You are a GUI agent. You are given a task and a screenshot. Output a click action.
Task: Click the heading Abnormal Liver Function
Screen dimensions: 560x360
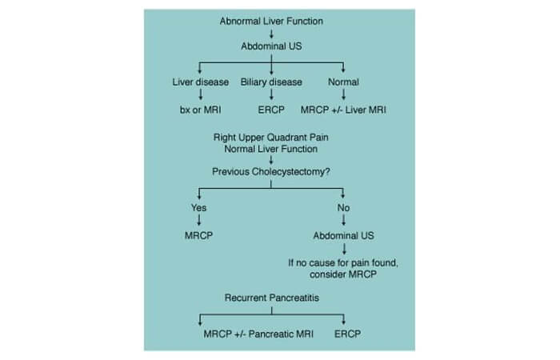pyautogui.click(x=271, y=21)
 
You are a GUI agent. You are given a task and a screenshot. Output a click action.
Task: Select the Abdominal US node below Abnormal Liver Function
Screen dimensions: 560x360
pyautogui.click(x=271, y=46)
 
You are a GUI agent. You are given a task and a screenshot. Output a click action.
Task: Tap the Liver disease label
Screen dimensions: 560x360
pyautogui.click(x=200, y=82)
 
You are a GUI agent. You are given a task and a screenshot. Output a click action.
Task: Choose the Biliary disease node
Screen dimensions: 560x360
pyautogui.click(x=271, y=82)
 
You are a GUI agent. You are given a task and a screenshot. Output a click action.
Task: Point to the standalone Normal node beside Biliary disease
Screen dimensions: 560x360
pyautogui.click(x=343, y=82)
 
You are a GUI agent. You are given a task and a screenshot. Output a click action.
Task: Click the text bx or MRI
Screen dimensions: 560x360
pyautogui.click(x=200, y=110)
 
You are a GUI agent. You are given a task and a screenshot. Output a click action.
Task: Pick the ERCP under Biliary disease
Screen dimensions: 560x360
pyautogui.click(x=271, y=110)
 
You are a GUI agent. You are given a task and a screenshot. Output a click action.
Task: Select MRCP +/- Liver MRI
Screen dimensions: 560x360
pyautogui.click(x=343, y=110)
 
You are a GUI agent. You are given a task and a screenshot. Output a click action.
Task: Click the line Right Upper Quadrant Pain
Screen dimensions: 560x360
pyautogui.click(x=270, y=138)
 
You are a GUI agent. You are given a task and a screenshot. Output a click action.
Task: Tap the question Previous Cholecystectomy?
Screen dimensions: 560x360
pyautogui.click(x=270, y=172)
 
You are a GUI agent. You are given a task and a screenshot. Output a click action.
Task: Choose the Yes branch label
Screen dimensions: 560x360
pyautogui.click(x=198, y=207)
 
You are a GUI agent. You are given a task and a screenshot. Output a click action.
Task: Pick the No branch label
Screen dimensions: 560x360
pyautogui.click(x=343, y=207)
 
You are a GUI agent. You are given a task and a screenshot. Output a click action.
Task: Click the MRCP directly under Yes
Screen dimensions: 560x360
pyautogui.click(x=198, y=235)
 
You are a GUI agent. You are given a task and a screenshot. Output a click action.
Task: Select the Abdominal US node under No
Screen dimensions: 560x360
pyautogui.click(x=343, y=235)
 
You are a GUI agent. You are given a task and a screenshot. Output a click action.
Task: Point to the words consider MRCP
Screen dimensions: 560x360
pyautogui.click(x=343, y=274)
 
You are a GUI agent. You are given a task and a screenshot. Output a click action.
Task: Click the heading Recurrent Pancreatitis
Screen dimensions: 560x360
pyautogui.click(x=271, y=298)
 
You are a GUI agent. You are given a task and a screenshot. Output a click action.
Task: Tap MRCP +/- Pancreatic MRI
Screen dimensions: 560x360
pyautogui.click(x=258, y=334)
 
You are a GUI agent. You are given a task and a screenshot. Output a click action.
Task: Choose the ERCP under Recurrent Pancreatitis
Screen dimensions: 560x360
pyautogui.click(x=347, y=334)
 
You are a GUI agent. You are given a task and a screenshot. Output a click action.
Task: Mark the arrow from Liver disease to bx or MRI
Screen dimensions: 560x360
pyautogui.click(x=200, y=94)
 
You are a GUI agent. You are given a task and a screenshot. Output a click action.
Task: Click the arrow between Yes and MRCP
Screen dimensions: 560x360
pyautogui.click(x=199, y=220)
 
